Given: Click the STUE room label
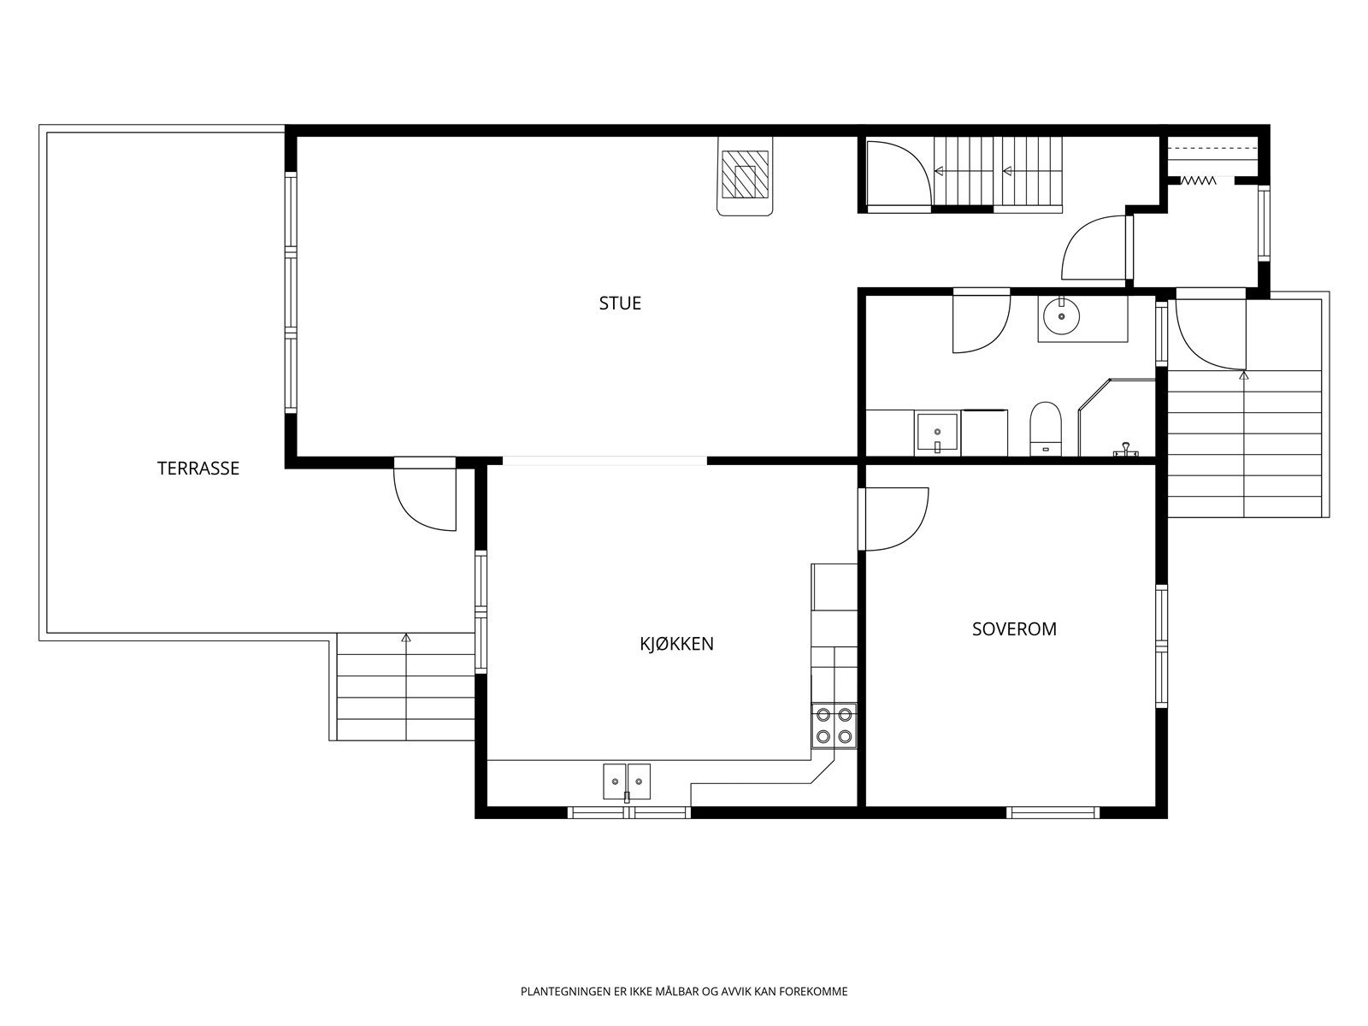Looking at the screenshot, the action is point(620,304).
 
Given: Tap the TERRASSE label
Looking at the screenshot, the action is point(198,469).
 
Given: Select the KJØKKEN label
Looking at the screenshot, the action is point(677,644).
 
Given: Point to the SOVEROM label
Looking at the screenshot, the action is point(1015,629).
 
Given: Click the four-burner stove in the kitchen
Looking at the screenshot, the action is point(834,726).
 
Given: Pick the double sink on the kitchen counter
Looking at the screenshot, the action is point(627,781).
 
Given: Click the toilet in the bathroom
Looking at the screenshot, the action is point(1045,429).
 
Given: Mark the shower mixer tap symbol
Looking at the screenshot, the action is point(1125,451).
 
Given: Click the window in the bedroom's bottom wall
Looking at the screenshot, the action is point(1053,812).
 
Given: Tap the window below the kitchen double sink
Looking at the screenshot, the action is point(629,812).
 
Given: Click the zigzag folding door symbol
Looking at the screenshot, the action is point(1199,180).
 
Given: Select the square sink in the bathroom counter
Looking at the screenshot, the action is point(937,433).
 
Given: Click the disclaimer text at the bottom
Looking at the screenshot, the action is point(684,992).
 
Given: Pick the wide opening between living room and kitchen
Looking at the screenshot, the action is point(604,461).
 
